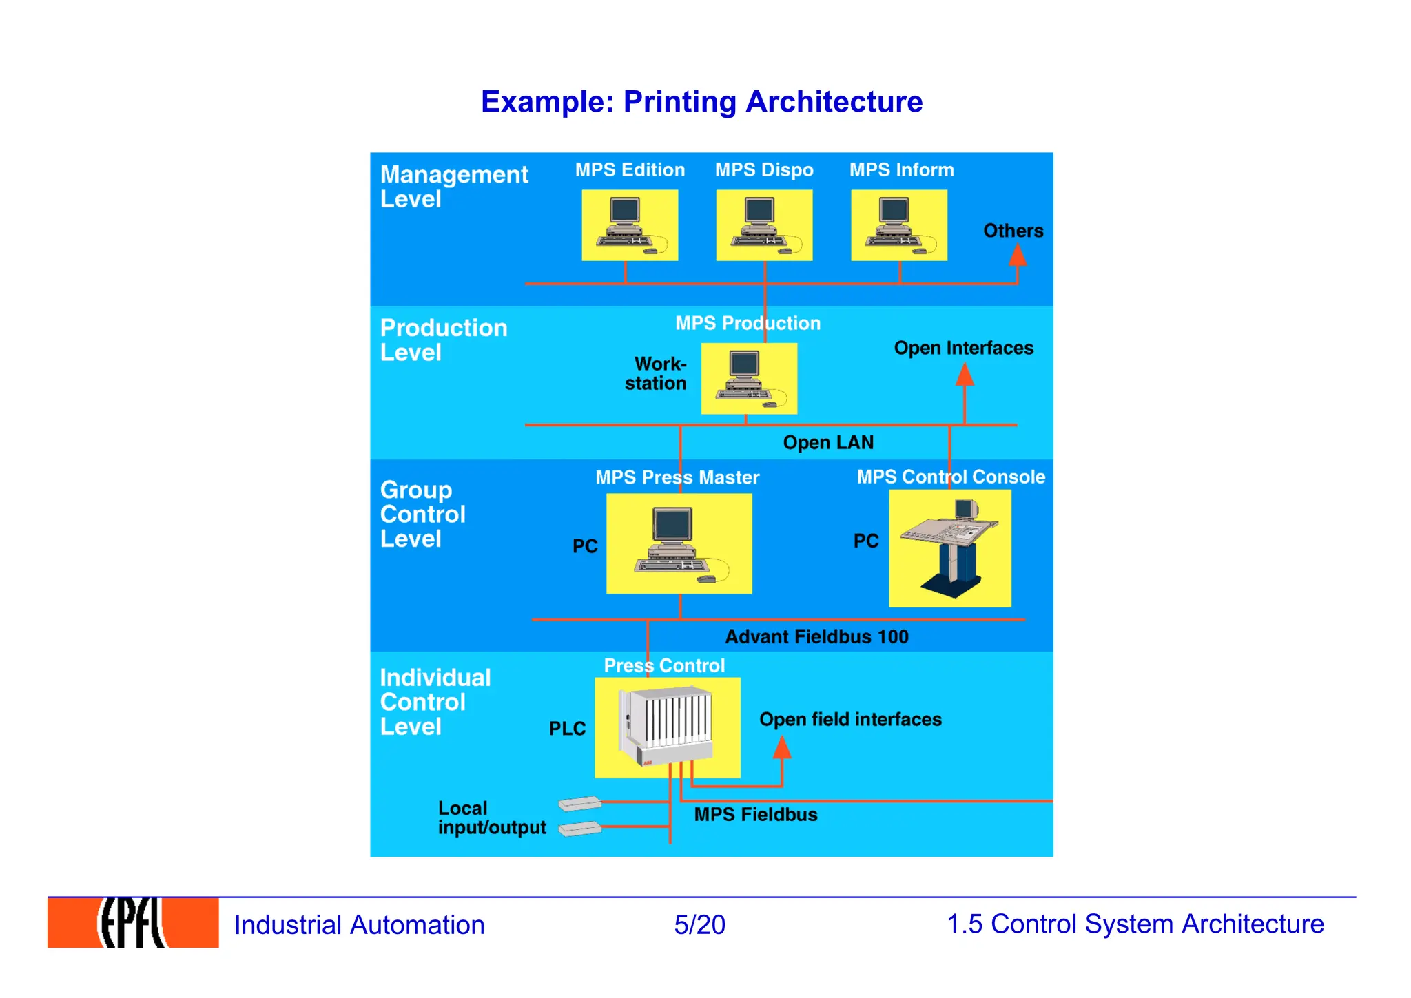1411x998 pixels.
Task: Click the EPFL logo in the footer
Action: click(x=133, y=922)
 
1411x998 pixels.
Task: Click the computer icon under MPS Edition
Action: click(x=630, y=225)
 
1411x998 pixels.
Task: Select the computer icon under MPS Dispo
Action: click(x=764, y=225)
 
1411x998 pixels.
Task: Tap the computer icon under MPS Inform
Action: click(x=898, y=225)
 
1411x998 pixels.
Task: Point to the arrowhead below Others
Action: click(x=1018, y=256)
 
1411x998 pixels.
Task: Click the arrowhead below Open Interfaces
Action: click(x=965, y=375)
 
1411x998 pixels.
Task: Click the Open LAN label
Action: click(x=828, y=442)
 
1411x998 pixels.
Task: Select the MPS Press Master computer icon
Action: click(x=679, y=543)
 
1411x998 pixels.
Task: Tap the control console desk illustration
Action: click(x=950, y=548)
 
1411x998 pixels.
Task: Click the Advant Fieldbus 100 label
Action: click(x=816, y=636)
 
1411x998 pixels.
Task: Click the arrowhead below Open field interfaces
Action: click(x=782, y=748)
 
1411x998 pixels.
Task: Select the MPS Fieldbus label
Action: click(x=755, y=814)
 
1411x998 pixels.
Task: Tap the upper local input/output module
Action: click(x=579, y=803)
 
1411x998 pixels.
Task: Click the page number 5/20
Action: click(x=699, y=924)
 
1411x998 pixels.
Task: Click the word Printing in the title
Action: click(x=679, y=101)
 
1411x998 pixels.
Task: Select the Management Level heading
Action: click(x=454, y=186)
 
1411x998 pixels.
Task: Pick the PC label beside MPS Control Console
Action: click(x=866, y=541)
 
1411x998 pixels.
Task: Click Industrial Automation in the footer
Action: click(x=359, y=924)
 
